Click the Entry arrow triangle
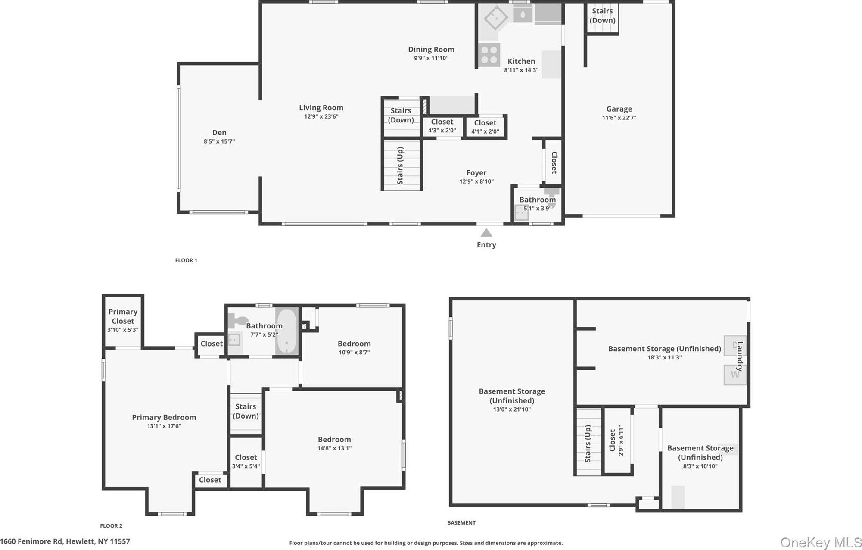[486, 233]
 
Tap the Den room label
[219, 133]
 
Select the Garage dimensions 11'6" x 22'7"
[619, 118]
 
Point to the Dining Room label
[431, 50]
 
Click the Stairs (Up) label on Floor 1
[400, 166]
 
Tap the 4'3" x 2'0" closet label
[442, 131]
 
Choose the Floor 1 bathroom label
[537, 200]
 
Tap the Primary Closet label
[123, 316]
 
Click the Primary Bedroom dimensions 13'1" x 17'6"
[164, 426]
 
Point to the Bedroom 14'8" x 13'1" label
[334, 440]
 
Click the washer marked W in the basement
[734, 375]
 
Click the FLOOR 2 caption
[111, 526]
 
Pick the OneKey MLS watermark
[821, 543]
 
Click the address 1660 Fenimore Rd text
[32, 541]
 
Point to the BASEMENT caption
[461, 523]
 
